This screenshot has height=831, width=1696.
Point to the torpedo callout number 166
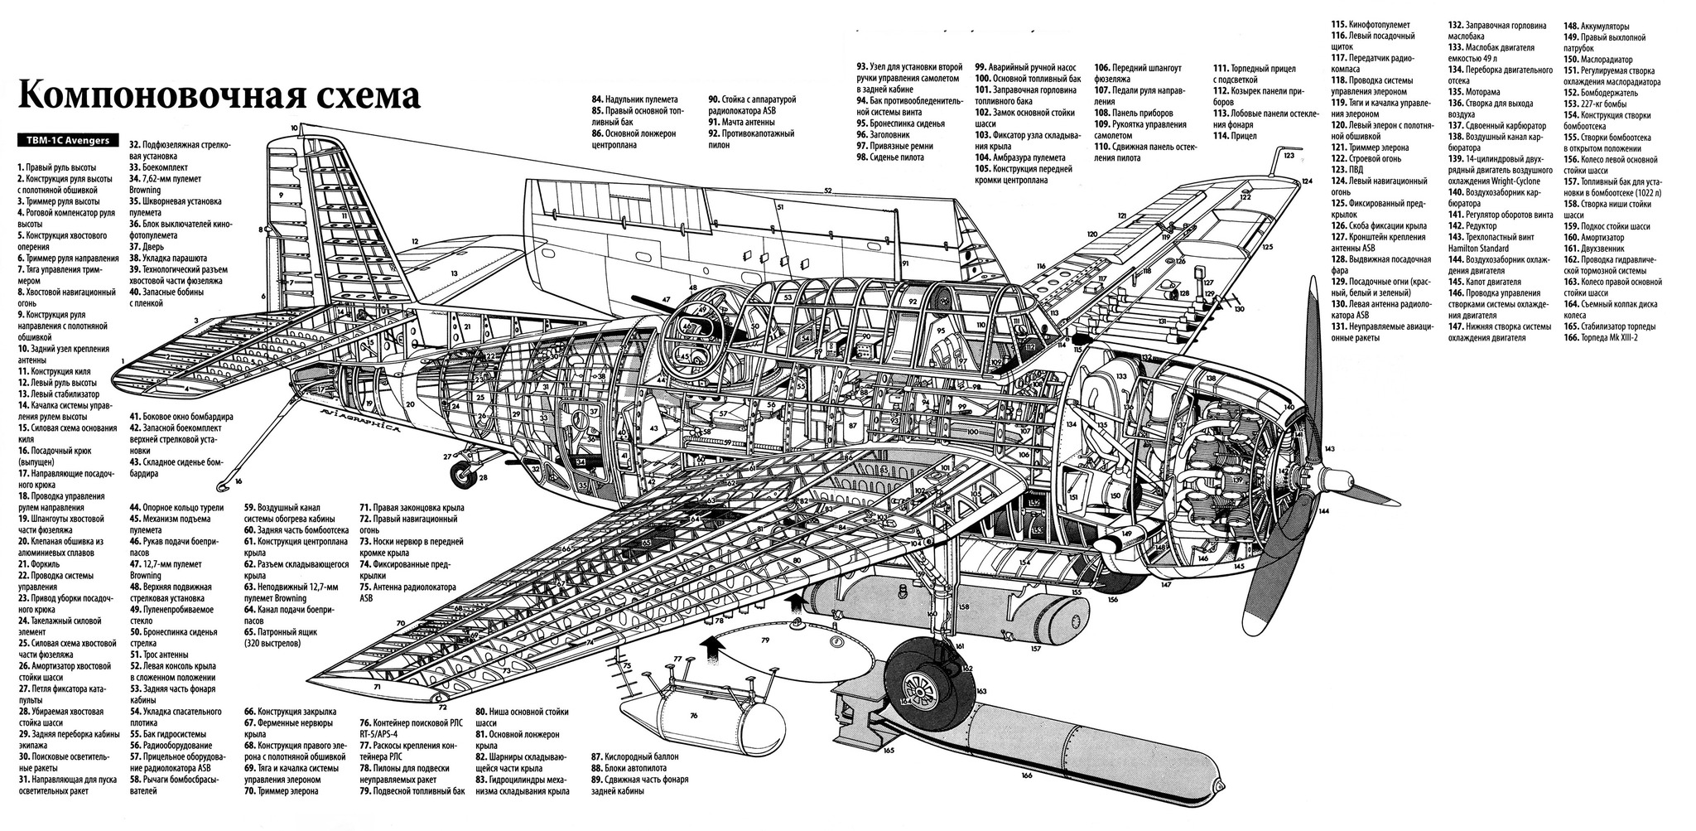coord(1026,775)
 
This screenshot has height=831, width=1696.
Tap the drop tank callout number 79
coord(765,640)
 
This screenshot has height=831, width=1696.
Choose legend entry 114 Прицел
coord(1239,135)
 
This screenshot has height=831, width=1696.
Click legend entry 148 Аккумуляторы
coord(1598,26)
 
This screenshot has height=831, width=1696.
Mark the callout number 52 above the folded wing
coord(827,191)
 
